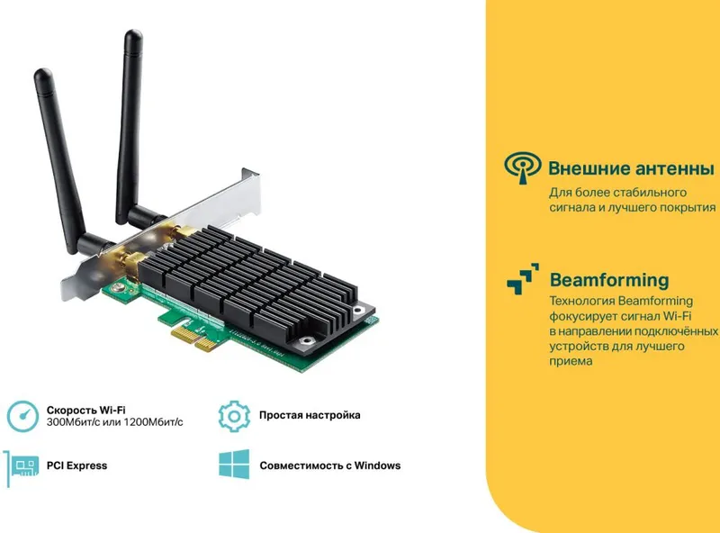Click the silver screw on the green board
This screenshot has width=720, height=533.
point(119,288)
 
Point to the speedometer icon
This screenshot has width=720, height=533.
point(22,416)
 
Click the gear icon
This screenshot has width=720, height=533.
point(234,416)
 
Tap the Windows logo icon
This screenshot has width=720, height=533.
point(234,464)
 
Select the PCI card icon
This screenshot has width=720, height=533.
point(21,468)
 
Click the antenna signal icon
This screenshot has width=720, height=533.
point(523,167)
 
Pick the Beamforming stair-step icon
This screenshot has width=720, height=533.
point(523,278)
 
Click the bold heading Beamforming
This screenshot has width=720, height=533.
point(609,280)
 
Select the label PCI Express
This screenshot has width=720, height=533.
point(76,465)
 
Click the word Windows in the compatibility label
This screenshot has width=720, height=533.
point(377,465)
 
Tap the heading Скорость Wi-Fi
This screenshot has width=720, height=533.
point(85,410)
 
